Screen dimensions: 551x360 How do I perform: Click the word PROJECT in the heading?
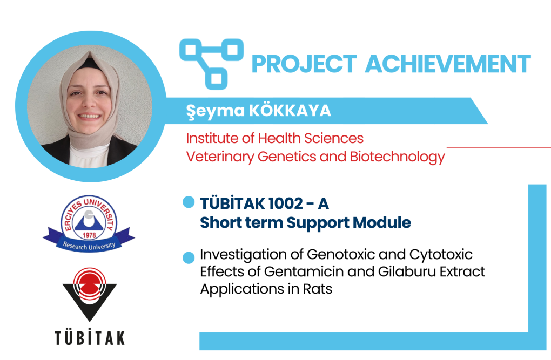(x=304, y=64)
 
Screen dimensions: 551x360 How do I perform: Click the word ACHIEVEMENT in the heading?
(x=448, y=64)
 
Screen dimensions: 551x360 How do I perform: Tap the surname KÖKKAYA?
(x=290, y=111)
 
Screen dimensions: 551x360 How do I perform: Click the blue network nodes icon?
(x=211, y=64)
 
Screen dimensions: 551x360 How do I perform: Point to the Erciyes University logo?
(x=89, y=223)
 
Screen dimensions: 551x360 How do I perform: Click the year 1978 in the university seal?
(x=89, y=235)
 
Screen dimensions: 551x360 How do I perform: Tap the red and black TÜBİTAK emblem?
(x=89, y=294)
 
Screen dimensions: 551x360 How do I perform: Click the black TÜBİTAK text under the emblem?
(x=90, y=338)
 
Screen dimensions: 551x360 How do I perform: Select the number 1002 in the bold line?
(x=285, y=203)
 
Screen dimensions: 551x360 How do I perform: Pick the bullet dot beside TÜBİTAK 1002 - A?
(x=189, y=202)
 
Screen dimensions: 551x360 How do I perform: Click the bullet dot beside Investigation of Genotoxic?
(x=189, y=257)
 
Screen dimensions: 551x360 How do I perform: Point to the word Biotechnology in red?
(x=398, y=157)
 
